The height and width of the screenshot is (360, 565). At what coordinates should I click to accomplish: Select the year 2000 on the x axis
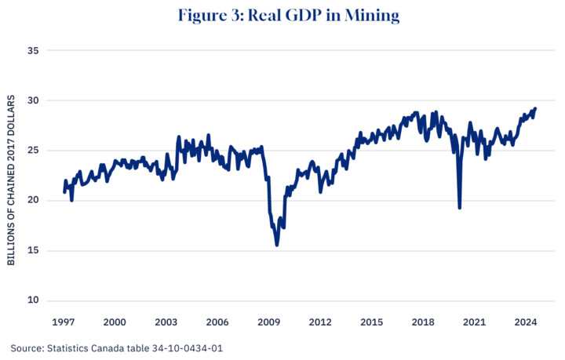point(115,322)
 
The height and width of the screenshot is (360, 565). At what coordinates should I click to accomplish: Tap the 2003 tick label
point(166,322)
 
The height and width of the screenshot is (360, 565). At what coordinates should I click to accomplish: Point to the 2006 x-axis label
point(217,322)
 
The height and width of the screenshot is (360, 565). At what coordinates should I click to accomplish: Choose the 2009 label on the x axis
point(268,322)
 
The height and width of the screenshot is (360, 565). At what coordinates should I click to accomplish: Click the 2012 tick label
point(319,322)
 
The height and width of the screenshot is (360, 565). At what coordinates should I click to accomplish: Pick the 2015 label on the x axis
point(371,322)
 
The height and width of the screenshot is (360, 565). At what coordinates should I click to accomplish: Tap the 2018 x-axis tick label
point(422,322)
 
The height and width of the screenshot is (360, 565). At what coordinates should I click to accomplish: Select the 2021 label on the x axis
point(474,322)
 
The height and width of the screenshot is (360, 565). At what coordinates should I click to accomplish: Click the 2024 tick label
point(525,322)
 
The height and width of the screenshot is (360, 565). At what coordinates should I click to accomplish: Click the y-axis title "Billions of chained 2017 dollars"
point(11,180)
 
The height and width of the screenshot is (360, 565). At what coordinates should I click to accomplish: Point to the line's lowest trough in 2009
point(277,245)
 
